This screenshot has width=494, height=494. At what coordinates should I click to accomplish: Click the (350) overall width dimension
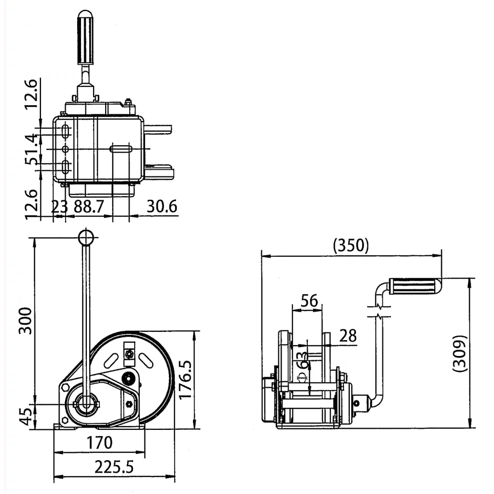(x=351, y=246)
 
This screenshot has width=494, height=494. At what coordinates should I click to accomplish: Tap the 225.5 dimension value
(x=114, y=467)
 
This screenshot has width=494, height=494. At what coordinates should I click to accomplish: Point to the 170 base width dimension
(x=100, y=442)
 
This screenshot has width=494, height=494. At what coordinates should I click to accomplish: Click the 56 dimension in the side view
(x=309, y=301)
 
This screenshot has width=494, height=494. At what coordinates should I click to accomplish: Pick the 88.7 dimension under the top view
(x=89, y=206)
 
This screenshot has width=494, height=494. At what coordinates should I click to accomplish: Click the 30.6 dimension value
(x=162, y=206)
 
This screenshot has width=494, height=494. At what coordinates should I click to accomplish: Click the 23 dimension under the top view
(x=59, y=206)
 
